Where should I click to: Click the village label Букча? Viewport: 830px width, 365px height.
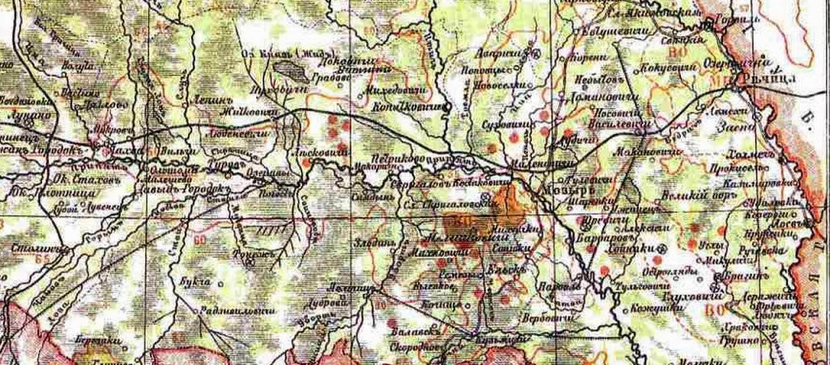(x=186, y=283)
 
